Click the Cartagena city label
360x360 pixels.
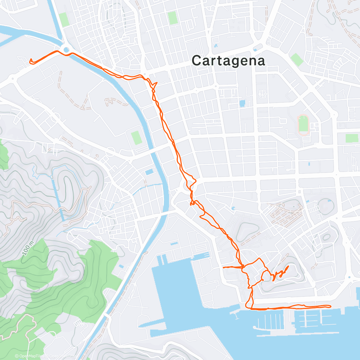pyautogui.click(x=228, y=61)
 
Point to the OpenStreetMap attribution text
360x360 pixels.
pyautogui.click(x=61, y=356)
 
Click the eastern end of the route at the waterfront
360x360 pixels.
pyautogui.click(x=331, y=306)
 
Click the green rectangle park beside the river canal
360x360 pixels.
pyautogui.click(x=136, y=138)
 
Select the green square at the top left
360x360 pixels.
pyautogui.click(x=64, y=19)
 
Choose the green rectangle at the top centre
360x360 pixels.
pyautogui.click(x=172, y=18)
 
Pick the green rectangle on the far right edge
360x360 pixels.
pyautogui.click(x=352, y=138)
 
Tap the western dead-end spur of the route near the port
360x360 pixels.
pyautogui.click(x=223, y=267)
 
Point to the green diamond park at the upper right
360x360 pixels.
pyautogui.click(x=297, y=60)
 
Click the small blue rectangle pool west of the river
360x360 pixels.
pyautogui.click(x=148, y=172)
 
